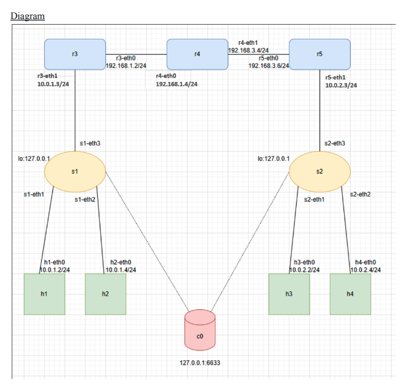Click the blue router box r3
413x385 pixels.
tap(74, 54)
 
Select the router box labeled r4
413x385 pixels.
tap(197, 54)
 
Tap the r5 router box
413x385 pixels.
tap(319, 54)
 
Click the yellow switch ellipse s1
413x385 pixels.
tap(74, 171)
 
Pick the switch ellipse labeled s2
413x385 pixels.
tap(319, 171)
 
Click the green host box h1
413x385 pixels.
tap(44, 294)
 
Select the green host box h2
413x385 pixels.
tap(105, 294)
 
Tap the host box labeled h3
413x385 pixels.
tap(289, 294)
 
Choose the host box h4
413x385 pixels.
tap(350, 294)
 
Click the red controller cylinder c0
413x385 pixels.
tap(199, 331)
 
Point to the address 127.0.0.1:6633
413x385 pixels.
tap(199, 363)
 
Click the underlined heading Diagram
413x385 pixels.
tap(28, 15)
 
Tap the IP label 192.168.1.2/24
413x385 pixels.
tap(126, 65)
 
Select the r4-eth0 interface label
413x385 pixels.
tap(166, 75)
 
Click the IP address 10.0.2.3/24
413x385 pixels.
tap(341, 85)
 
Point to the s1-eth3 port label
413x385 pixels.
tap(90, 143)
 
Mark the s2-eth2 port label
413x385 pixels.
tap(360, 195)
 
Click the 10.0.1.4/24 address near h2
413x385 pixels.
tap(121, 269)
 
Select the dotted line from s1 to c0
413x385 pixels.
tap(148, 240)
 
